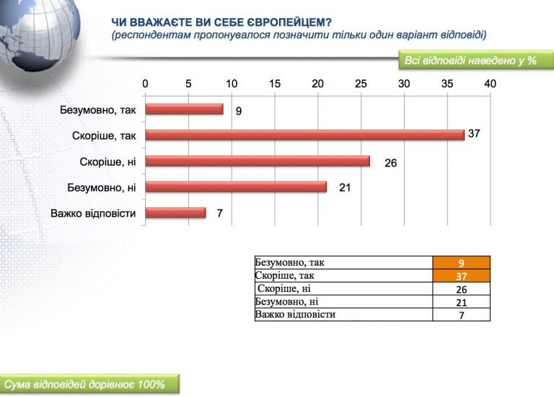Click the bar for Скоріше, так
coord(305,135)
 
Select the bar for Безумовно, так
coord(184,110)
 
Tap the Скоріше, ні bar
coord(258,161)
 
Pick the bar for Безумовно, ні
coord(236,187)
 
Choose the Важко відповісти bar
coord(175,213)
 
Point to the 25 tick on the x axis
coord(361,84)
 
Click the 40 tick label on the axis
coord(490,84)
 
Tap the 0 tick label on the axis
coord(145,84)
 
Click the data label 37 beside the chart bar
coord(474,133)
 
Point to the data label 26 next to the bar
coord(391,163)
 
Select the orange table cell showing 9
coord(462,263)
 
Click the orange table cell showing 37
coord(462,276)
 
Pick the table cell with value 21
coord(462,302)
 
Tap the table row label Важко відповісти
coord(295,314)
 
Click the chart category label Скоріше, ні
coord(107,161)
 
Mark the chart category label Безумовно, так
coord(98,110)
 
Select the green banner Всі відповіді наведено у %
coord(476,61)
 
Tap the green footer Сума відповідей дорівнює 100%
coord(89,384)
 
